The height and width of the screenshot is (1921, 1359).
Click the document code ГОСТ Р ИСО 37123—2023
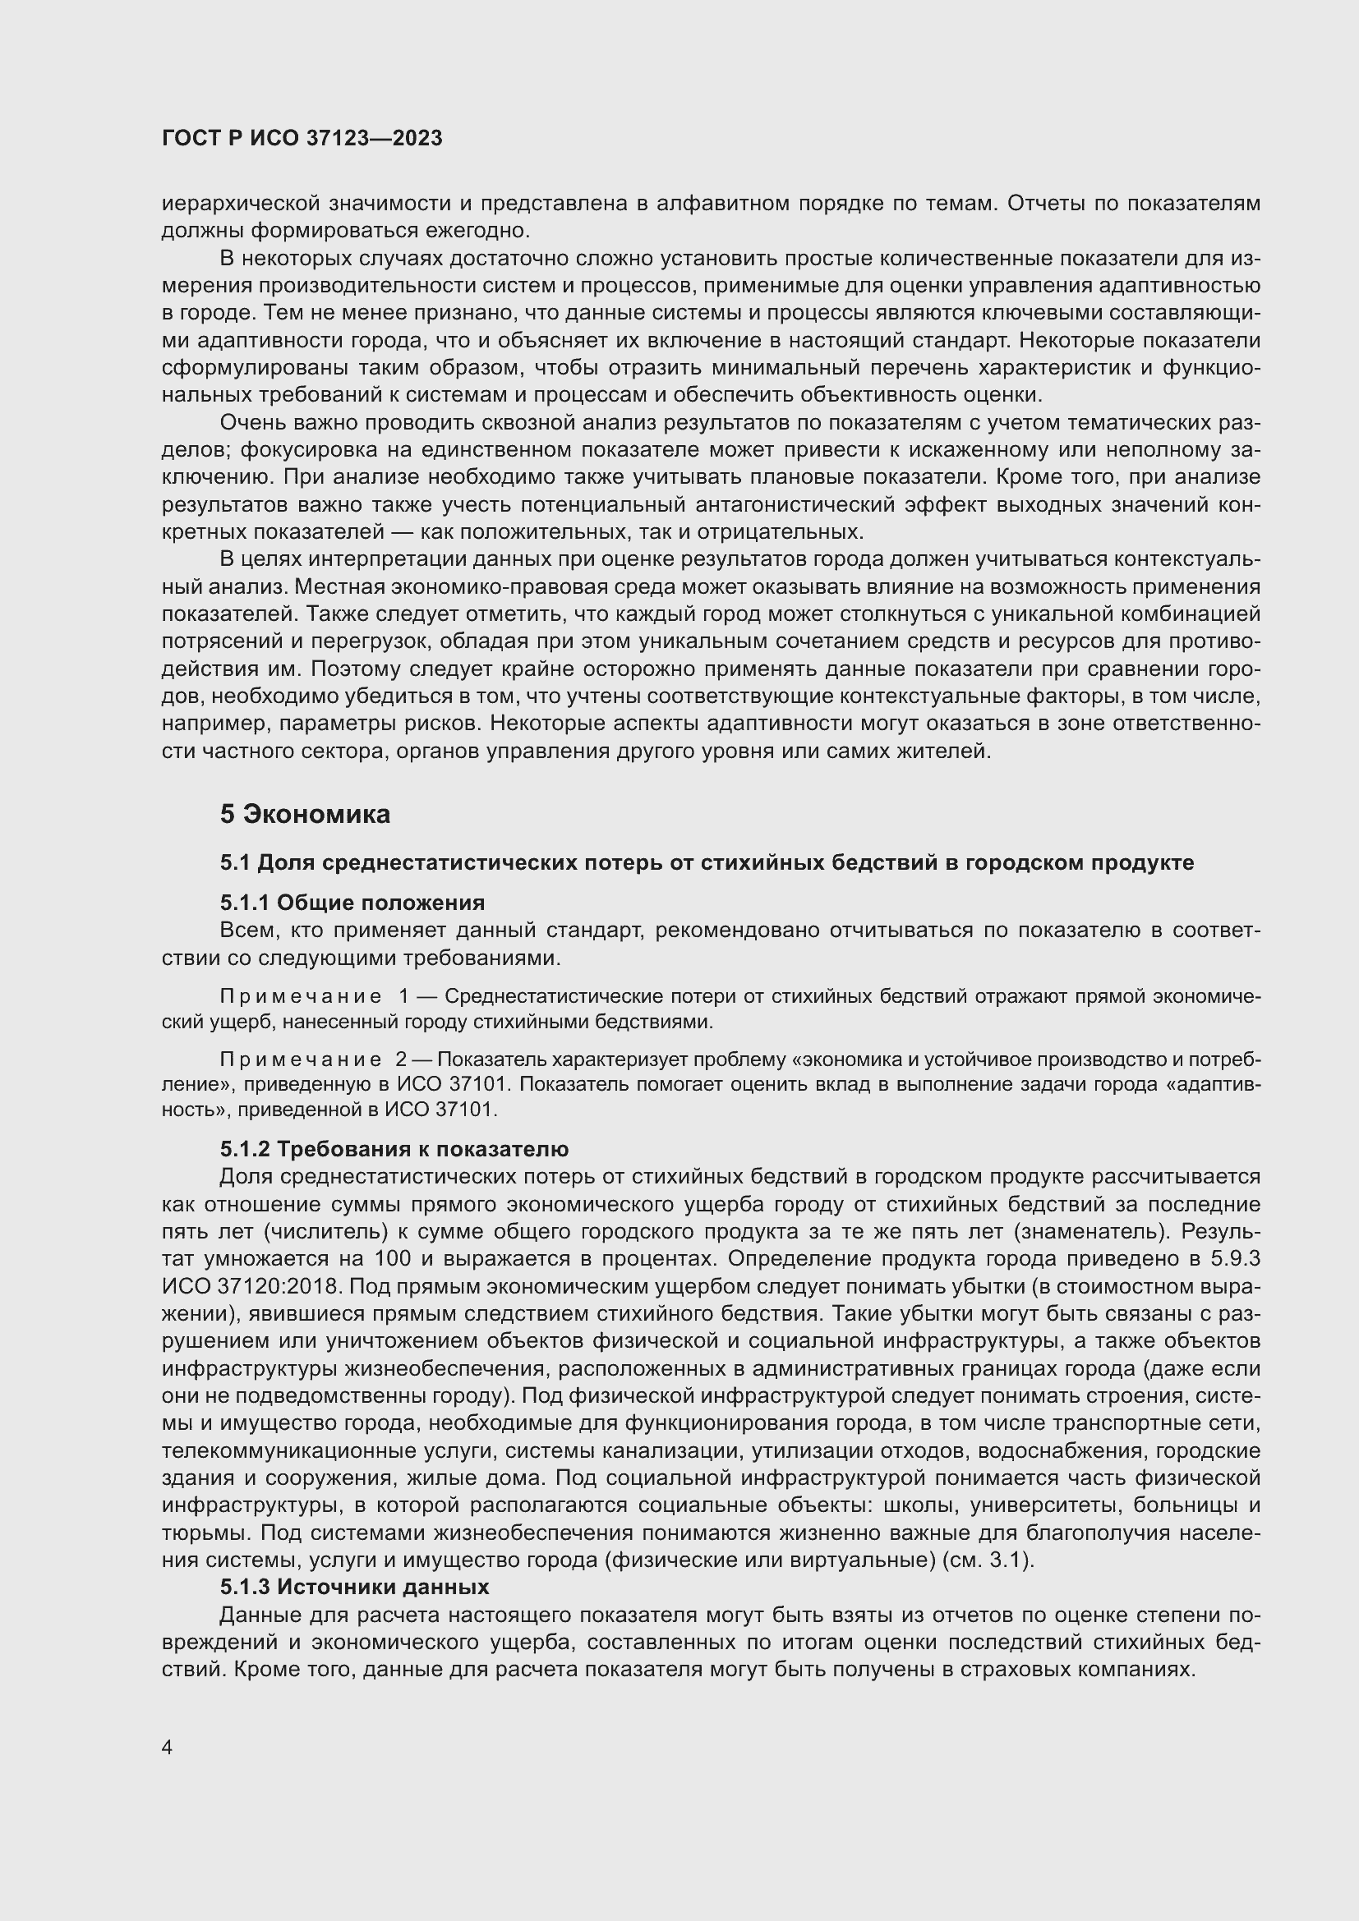coord(302,139)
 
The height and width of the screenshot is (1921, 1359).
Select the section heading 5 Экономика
coord(305,814)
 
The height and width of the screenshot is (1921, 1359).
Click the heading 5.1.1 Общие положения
coord(352,902)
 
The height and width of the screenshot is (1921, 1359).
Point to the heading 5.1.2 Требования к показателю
coord(394,1149)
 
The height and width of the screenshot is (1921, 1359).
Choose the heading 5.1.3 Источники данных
coord(354,1588)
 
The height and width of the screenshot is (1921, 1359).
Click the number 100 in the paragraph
coord(393,1258)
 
